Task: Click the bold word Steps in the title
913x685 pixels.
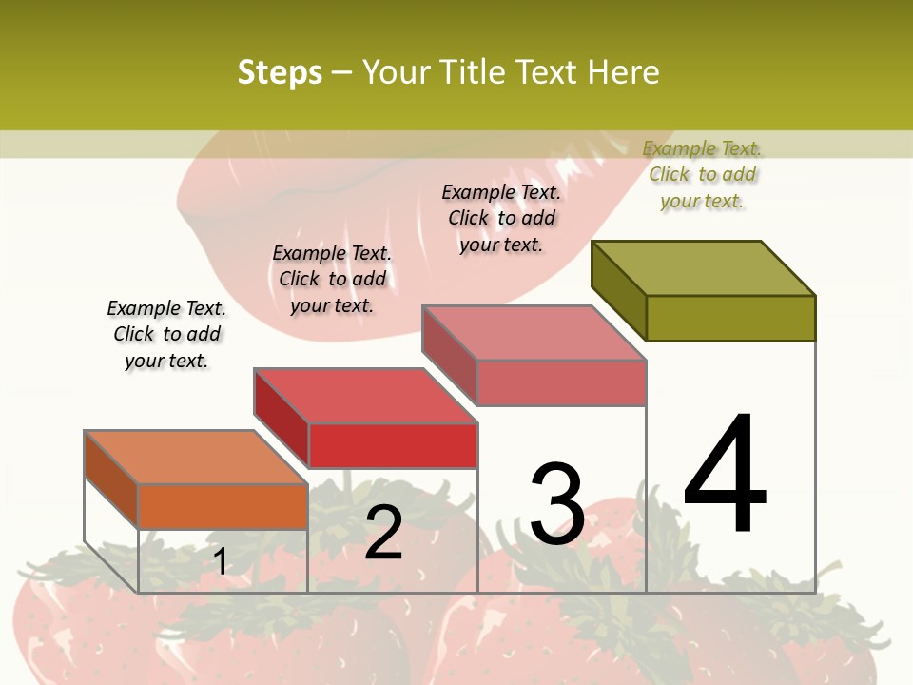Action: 280,72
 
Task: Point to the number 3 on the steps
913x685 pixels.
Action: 556,504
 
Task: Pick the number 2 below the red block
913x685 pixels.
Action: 383,533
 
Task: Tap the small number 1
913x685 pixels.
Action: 221,561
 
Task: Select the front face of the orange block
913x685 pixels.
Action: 223,506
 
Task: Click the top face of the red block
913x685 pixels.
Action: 365,395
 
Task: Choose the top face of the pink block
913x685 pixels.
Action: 534,333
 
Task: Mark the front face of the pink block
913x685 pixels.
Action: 561,382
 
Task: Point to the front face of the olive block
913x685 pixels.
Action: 730,318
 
